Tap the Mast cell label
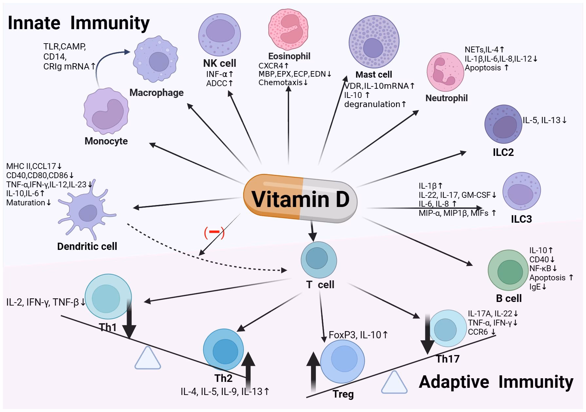point(374,75)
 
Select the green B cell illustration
point(508,271)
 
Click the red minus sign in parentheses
point(214,232)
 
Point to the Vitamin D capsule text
point(300,199)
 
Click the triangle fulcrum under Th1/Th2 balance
point(148,358)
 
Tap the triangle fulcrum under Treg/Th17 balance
point(394,383)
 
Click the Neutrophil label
point(446,98)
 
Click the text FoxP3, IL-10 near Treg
point(358,335)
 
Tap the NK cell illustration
point(219,35)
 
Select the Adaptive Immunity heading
point(496,382)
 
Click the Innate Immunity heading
point(79,23)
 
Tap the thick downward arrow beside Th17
point(427,334)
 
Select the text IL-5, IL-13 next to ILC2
point(544,120)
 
